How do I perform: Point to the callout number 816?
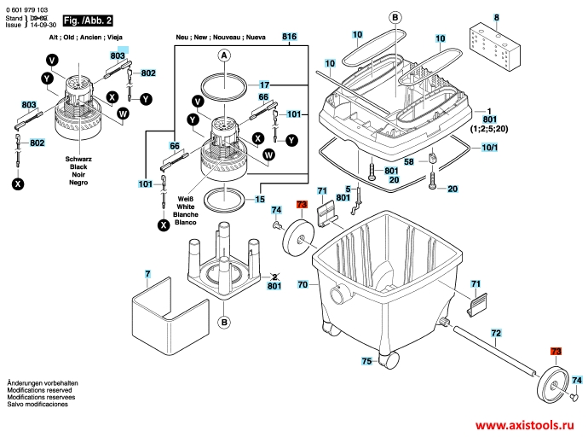pyautogui.click(x=290, y=37)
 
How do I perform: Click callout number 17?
pyautogui.click(x=264, y=85)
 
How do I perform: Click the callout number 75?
pyautogui.click(x=366, y=362)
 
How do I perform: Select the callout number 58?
pyautogui.click(x=409, y=162)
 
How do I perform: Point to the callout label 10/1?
pyautogui.click(x=491, y=148)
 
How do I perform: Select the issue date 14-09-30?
pyautogui.click(x=39, y=26)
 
